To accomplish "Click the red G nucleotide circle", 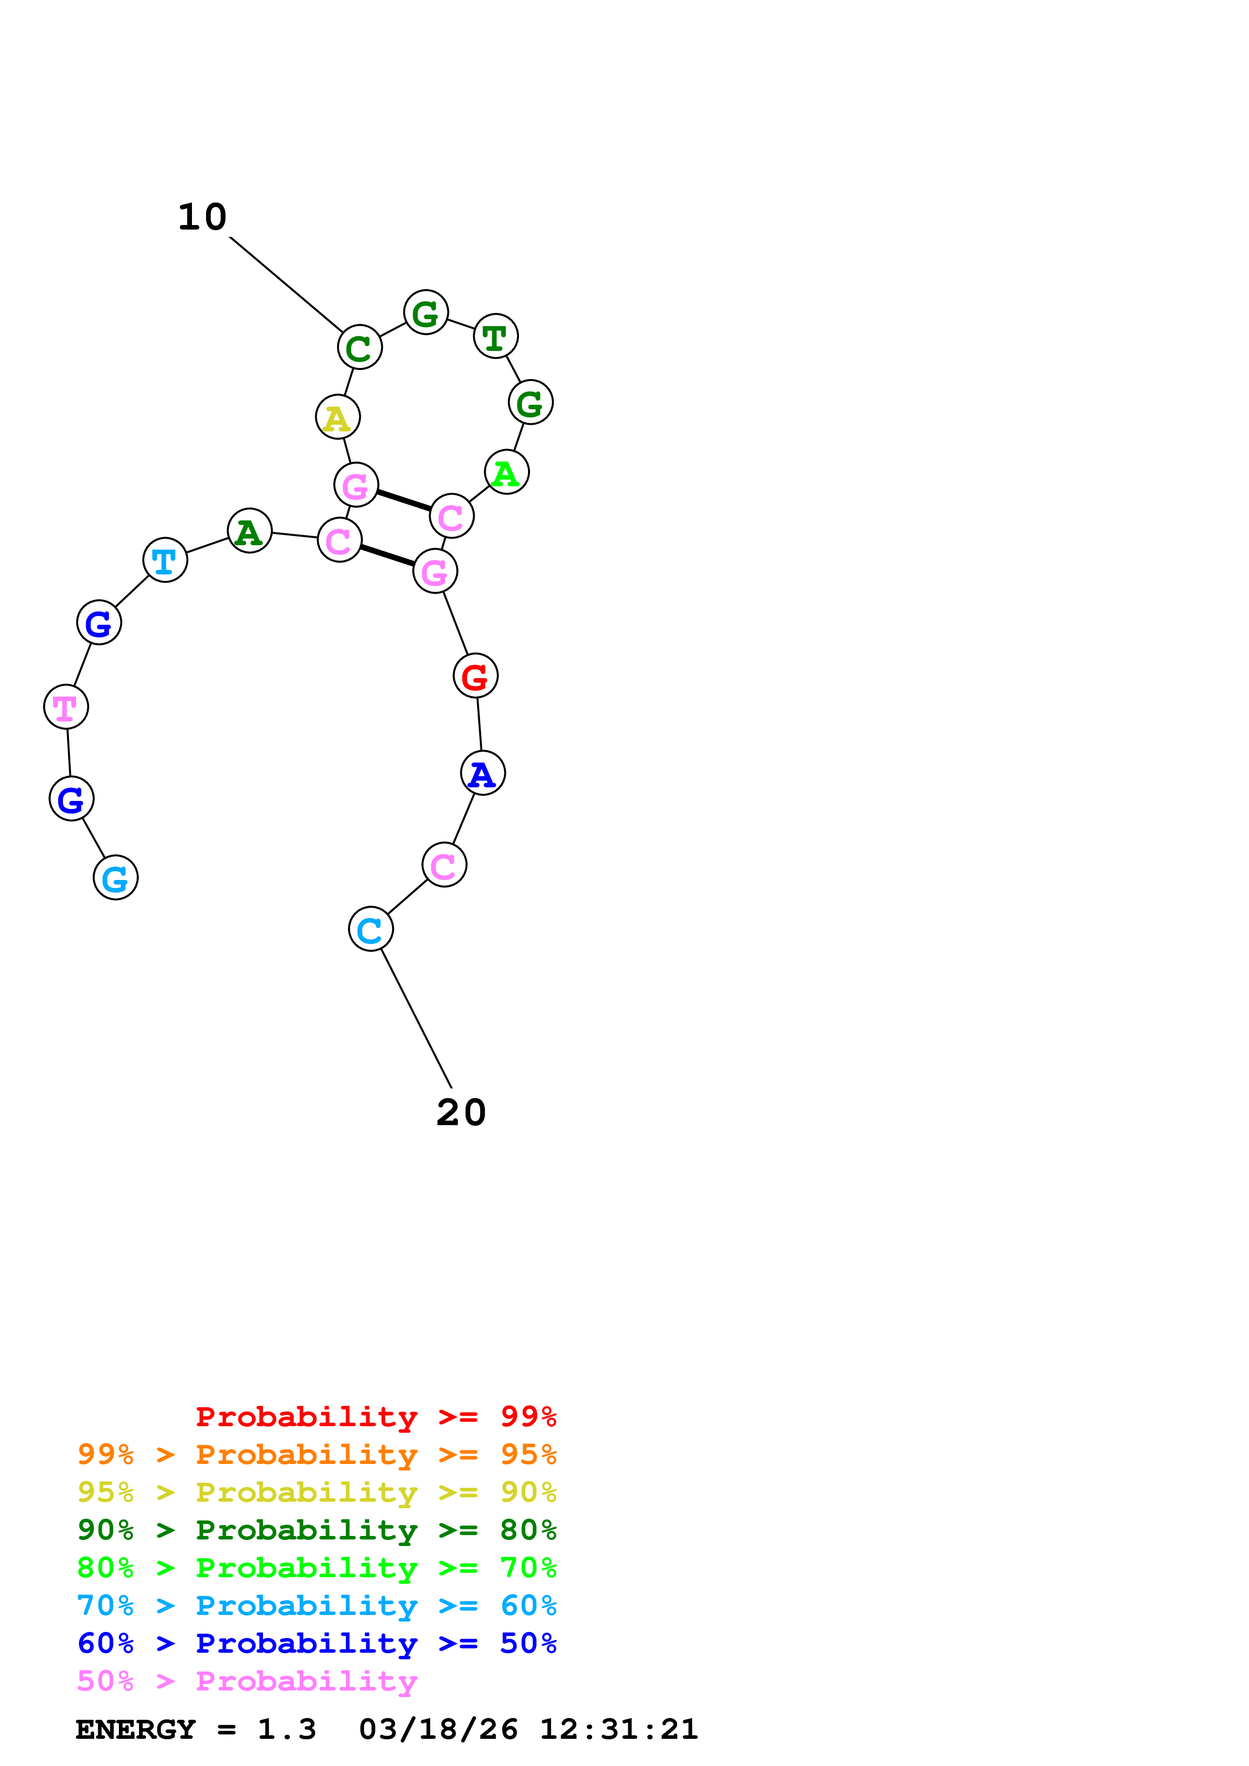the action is (476, 676).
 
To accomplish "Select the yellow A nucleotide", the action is (338, 417).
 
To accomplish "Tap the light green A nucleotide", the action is (506, 472).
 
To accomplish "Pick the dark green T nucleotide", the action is (496, 336).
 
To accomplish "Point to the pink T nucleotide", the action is (66, 707).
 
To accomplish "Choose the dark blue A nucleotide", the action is (483, 773).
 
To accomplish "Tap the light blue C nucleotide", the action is (371, 929).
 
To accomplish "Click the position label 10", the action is (203, 217).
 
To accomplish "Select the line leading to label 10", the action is (286, 284).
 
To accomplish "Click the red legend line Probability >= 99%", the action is (375, 1417).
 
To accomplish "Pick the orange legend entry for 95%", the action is (316, 1454).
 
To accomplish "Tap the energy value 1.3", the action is (286, 1729).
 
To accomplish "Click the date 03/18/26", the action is (438, 1729).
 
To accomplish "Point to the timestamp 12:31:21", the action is (618, 1729).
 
